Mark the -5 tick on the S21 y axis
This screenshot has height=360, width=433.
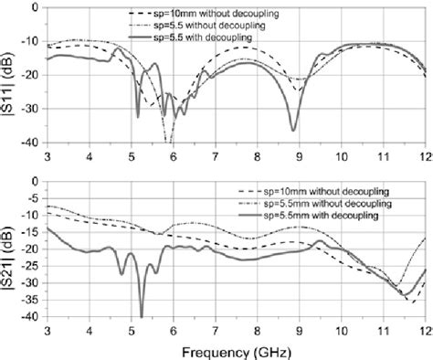33,198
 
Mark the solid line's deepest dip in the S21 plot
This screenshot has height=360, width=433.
142,315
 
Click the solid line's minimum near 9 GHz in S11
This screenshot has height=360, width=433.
293,130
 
